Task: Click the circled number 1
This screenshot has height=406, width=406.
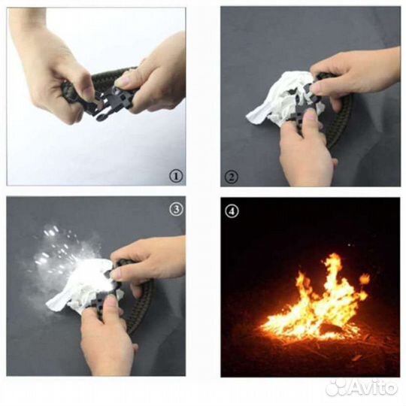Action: click(176, 177)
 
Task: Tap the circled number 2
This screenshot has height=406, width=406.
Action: click(232, 177)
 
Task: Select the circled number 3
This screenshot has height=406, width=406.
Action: click(176, 209)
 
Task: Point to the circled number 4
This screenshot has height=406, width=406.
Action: click(232, 211)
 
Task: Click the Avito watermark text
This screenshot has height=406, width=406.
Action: click(373, 387)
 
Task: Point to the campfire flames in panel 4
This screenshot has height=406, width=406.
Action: click(316, 300)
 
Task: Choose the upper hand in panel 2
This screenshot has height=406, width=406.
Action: click(355, 75)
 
